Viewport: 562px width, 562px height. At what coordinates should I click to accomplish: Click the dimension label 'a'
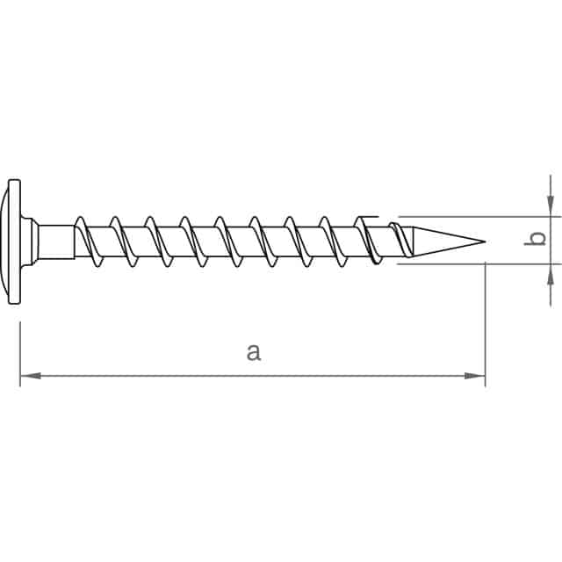pyautogui.click(x=253, y=353)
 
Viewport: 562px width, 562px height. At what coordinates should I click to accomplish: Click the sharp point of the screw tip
pyautogui.click(x=484, y=240)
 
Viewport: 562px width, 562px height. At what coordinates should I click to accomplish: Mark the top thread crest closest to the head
pyautogui.click(x=81, y=216)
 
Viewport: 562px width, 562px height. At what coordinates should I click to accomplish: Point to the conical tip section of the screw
pyautogui.click(x=443, y=240)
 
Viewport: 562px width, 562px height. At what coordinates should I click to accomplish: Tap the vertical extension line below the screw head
pyautogui.click(x=20, y=351)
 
